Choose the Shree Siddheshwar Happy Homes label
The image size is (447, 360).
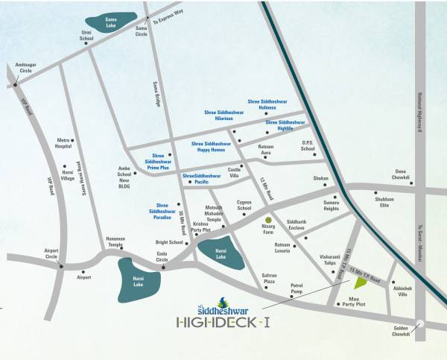click(212, 146)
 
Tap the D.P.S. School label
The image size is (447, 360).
click(308, 146)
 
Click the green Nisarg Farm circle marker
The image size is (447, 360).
click(269, 219)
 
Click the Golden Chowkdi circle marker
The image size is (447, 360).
click(422, 323)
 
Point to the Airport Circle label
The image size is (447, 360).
click(51, 253)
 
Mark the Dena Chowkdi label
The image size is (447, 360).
click(401, 177)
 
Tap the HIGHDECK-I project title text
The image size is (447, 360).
click(218, 322)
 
